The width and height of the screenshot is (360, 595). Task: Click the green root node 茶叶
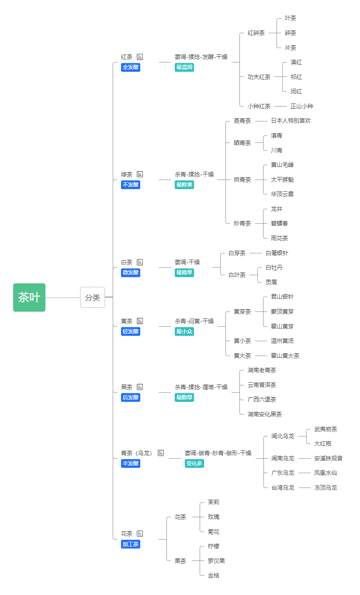tap(29, 297)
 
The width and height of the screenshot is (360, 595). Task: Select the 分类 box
tap(93, 297)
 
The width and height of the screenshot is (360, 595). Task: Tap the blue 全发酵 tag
tap(131, 67)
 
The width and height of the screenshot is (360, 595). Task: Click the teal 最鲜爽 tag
tap(184, 185)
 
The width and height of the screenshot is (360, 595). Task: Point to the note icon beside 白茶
tap(140, 262)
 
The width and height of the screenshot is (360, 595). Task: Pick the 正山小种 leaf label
tap(301, 106)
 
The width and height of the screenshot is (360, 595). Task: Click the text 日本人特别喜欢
tap(291, 121)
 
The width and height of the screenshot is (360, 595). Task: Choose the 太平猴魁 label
tap(282, 180)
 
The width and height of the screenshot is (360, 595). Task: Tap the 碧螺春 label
tap(279, 223)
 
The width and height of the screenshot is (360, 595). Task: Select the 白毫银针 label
tap(277, 253)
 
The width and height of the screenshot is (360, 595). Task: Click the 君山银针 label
tap(282, 297)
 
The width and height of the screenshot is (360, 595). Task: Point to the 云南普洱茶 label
tap(262, 385)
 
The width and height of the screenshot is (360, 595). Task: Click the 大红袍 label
tap(322, 443)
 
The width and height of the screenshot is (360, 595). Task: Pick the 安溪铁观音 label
tap(328, 458)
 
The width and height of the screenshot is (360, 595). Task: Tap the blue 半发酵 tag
tap(131, 464)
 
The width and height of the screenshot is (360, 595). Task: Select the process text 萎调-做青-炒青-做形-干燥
tap(218, 453)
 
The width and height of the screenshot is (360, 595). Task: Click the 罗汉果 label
tap(216, 561)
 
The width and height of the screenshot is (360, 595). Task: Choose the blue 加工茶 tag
tap(131, 544)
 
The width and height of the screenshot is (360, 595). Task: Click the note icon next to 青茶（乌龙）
tap(161, 453)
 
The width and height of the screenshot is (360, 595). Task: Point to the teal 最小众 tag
tap(184, 332)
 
